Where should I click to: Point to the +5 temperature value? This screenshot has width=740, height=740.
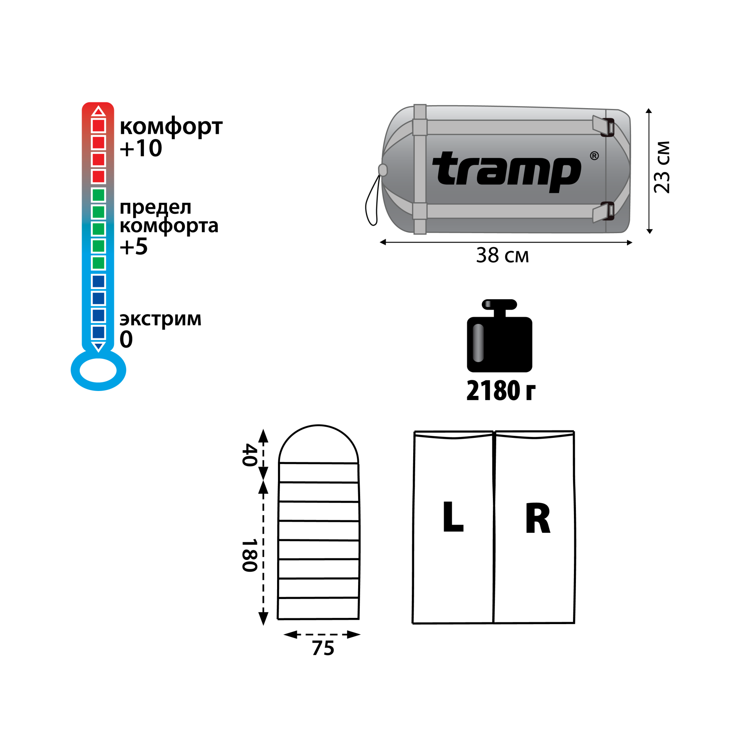[134, 247]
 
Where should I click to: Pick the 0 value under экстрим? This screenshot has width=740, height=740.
[126, 340]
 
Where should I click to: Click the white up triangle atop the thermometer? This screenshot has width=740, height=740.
[98, 111]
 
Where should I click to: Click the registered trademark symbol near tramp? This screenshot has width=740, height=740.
[594, 156]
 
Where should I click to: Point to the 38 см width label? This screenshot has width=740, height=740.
[502, 255]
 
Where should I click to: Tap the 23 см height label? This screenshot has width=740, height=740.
[662, 167]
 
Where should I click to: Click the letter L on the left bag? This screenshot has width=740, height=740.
[453, 517]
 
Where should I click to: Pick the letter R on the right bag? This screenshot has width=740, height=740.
[538, 518]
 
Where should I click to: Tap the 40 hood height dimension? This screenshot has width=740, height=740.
[250, 455]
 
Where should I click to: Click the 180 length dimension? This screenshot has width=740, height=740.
[250, 555]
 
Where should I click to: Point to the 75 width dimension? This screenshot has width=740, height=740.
[323, 648]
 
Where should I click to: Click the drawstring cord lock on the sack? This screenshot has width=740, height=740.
[383, 170]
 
